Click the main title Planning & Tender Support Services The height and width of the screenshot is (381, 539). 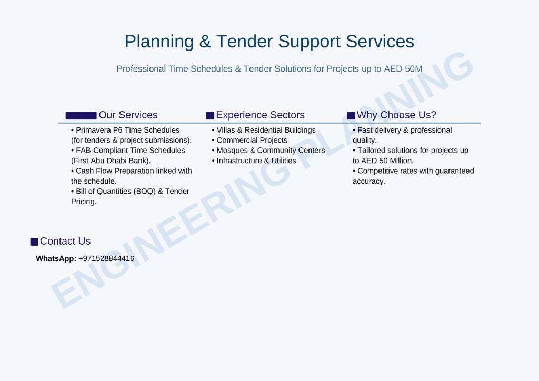(269, 42)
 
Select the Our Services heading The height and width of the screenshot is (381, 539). (128, 115)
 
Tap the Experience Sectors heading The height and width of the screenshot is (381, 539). (260, 115)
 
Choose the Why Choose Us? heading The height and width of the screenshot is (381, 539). (396, 115)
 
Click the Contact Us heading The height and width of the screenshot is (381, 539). (65, 241)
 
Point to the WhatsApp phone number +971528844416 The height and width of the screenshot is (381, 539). (106, 258)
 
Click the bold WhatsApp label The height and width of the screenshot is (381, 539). (56, 258)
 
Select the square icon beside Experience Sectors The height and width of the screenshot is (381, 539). (210, 115)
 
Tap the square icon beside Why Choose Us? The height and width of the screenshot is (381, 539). (351, 115)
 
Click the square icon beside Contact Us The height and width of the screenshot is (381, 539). (34, 242)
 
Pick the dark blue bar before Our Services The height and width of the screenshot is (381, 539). (81, 115)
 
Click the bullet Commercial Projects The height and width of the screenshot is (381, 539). (250, 140)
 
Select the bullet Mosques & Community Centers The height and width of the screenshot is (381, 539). (268, 151)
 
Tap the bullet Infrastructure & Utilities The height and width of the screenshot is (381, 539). (254, 161)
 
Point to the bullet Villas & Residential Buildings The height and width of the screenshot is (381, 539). (264, 130)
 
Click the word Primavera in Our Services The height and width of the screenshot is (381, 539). (93, 130)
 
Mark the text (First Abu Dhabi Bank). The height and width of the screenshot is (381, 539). (111, 161)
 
